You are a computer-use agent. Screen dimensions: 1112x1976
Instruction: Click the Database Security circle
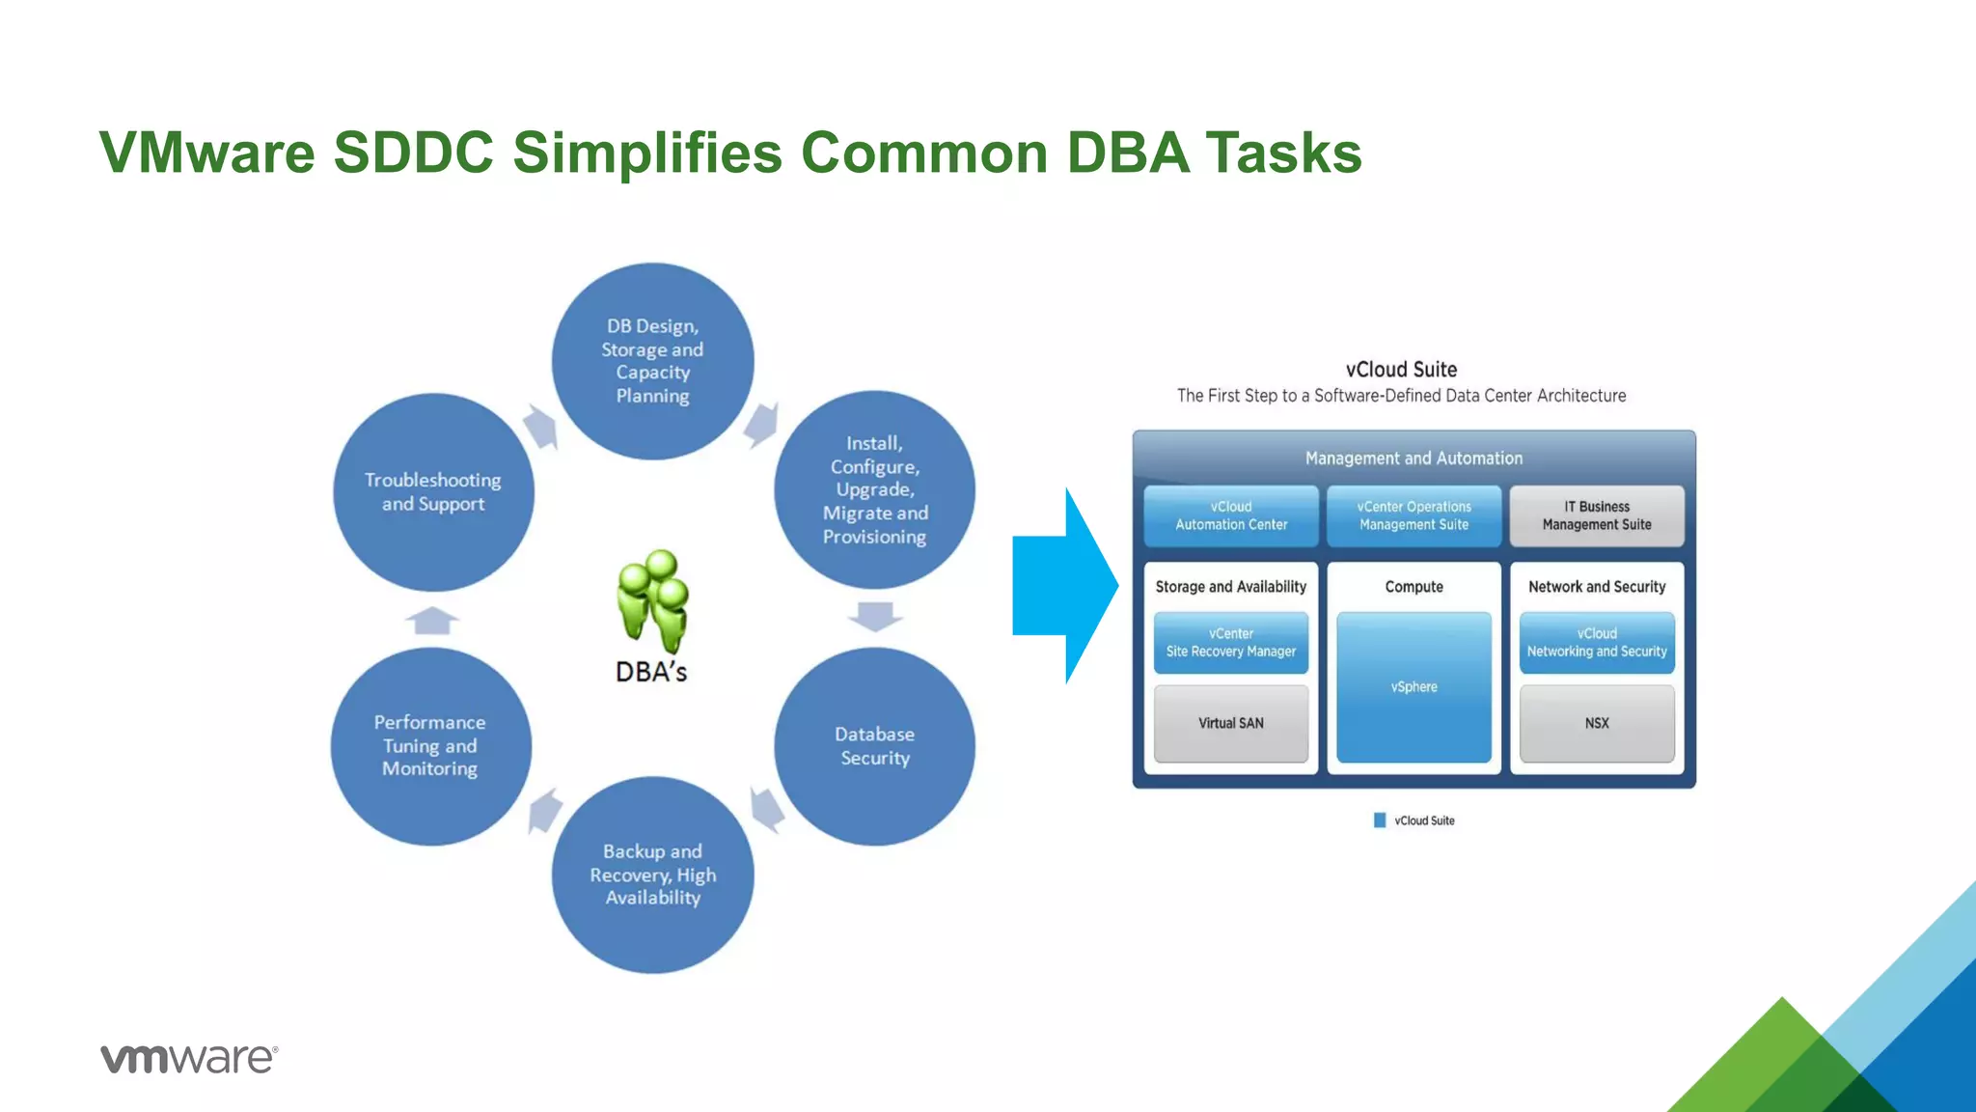(874, 746)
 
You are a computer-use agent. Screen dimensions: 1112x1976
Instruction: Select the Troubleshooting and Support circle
(433, 492)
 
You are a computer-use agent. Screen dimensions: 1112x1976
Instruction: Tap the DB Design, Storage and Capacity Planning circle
(653, 361)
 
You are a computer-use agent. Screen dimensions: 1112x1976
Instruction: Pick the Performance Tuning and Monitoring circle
(430, 746)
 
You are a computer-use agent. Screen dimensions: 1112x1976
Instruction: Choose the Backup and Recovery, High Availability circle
(653, 875)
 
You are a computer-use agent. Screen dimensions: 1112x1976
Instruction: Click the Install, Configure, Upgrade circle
(874, 489)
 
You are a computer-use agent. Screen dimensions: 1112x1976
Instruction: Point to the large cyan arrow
(1061, 586)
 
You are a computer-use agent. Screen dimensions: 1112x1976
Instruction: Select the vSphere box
(1413, 687)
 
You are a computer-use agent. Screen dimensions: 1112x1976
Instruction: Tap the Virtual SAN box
(1231, 723)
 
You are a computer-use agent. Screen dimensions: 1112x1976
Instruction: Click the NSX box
(1597, 723)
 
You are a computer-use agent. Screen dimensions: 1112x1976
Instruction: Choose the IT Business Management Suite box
(1597, 515)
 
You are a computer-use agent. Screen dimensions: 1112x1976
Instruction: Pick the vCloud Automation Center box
(1231, 515)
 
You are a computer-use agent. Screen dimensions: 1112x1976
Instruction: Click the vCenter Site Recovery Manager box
(1231, 643)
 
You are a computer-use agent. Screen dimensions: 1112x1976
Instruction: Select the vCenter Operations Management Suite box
(1413, 515)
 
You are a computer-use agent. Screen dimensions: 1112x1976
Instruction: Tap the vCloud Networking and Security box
(1597, 643)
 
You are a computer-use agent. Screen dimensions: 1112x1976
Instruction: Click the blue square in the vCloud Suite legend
(1380, 820)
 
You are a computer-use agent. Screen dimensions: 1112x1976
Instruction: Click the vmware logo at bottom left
(189, 1058)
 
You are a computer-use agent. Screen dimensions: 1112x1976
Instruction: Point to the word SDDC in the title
(413, 153)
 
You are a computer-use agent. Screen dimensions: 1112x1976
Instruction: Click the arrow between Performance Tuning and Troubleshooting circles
(432, 620)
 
